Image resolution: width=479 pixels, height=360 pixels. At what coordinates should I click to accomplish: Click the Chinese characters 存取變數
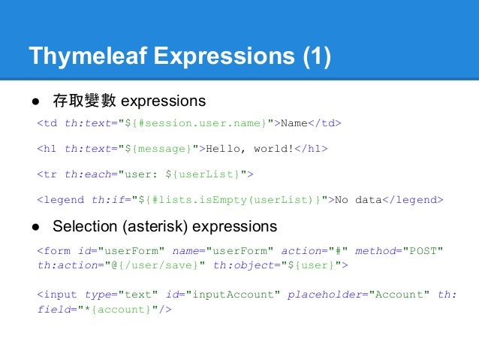83,100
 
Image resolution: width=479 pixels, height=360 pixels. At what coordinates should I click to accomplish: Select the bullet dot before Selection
35,226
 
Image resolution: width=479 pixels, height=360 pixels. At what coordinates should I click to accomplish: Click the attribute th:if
107,200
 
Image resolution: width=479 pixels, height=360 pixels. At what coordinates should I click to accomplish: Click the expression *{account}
119,309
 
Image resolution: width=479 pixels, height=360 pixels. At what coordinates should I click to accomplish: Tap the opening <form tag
54,250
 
